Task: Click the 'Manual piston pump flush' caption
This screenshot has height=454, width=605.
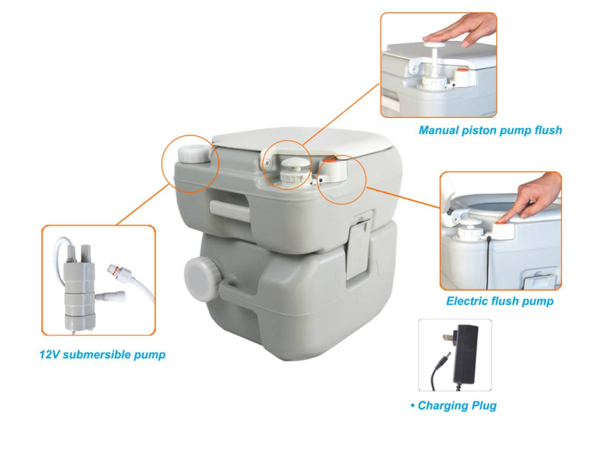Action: click(490, 130)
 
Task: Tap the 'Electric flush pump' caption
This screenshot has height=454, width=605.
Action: click(500, 301)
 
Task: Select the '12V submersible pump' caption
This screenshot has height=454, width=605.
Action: click(102, 354)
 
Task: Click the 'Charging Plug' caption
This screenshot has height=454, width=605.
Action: click(454, 406)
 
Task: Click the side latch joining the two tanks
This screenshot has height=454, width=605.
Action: click(359, 247)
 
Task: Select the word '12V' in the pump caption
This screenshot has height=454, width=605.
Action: click(49, 354)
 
